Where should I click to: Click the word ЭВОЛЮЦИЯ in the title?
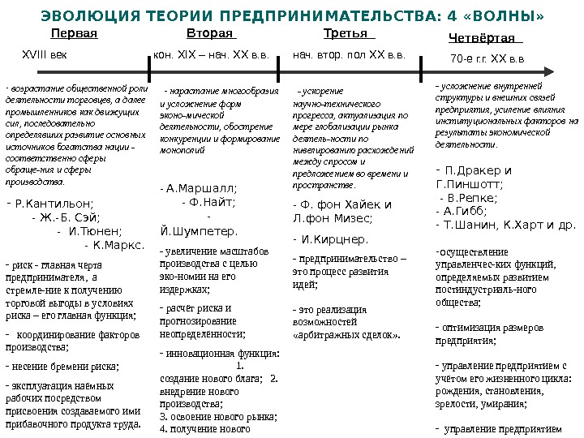click(79, 16)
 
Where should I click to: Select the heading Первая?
click(74, 34)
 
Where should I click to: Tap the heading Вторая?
click(209, 34)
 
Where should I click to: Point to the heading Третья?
click(345, 34)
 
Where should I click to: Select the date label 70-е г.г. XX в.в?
click(487, 58)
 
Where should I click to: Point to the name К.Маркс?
click(118, 243)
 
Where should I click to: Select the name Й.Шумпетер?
click(200, 230)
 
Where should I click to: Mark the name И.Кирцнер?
click(334, 239)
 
